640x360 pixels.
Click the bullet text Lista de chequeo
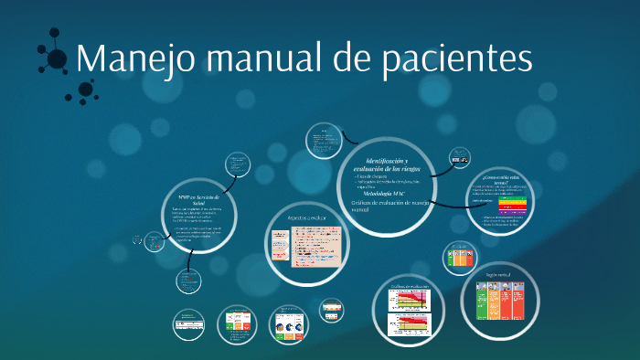[x=371, y=175]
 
